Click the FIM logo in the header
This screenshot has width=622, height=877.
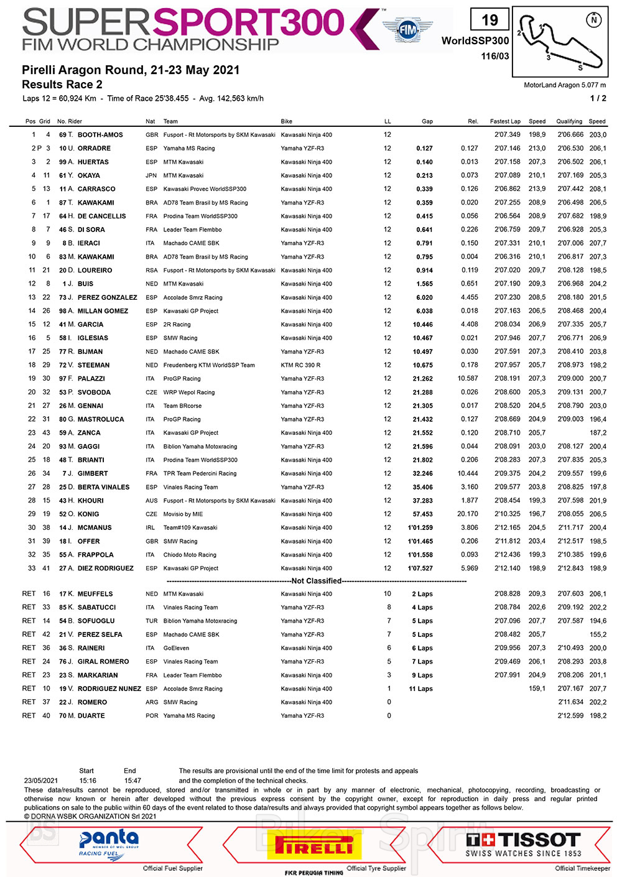tap(407, 29)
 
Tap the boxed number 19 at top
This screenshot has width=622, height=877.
tap(490, 21)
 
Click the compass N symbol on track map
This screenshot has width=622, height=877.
tap(594, 20)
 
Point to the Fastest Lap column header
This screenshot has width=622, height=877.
tap(505, 121)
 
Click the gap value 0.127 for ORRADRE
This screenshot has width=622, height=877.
tap(424, 149)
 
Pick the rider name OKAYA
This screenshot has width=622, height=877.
tap(88, 175)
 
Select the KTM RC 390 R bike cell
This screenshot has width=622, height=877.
tap(300, 365)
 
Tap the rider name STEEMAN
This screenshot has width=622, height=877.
tap(93, 365)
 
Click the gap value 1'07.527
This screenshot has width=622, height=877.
tap(420, 568)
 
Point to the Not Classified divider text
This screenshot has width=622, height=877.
tap(317, 581)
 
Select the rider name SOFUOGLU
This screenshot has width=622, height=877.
tap(96, 621)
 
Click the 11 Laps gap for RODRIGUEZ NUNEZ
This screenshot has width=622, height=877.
tap(420, 689)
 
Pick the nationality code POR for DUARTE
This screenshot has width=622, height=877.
tap(152, 716)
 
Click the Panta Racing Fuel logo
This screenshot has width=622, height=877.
tap(109, 844)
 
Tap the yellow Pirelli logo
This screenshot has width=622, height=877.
tap(314, 845)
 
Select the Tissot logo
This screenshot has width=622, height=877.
tap(523, 844)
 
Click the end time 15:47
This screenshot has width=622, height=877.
tap(132, 781)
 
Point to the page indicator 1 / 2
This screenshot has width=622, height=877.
tap(598, 98)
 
